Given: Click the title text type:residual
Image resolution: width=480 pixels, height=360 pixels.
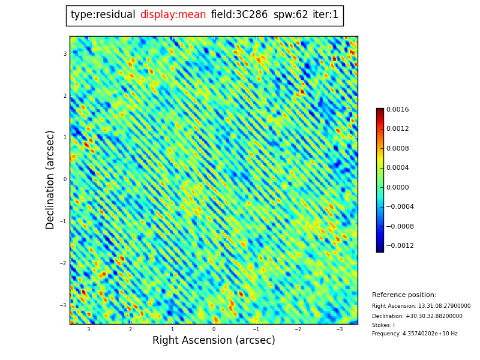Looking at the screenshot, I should coord(103,15).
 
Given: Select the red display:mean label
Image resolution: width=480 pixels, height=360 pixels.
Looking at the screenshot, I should coord(173,15).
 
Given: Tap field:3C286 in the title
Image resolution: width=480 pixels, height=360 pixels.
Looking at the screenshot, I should coord(239,15).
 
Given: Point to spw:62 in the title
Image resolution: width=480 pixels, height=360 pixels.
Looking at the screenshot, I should coord(290,15).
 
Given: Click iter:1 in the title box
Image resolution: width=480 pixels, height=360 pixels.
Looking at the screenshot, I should coord(325,15).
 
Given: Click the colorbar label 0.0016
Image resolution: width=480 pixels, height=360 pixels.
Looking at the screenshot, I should coord(397,110).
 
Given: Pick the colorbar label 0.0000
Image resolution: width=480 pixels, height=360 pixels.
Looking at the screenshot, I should coord(397,187).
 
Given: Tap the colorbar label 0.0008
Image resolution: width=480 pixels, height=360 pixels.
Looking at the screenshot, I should coord(397,149).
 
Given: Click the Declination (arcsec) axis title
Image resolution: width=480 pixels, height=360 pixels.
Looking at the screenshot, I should coord(51,179).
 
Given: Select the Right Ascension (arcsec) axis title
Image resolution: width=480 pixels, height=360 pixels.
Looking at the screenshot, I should coord(214,341).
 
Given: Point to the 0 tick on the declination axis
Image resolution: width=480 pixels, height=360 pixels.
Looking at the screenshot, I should coord(65,179).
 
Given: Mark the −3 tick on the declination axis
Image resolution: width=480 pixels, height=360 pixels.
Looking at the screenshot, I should coord(64,305).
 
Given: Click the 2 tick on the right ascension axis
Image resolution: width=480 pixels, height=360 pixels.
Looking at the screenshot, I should coord(130,329).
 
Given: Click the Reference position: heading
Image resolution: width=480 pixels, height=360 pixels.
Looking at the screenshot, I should coord(404,295).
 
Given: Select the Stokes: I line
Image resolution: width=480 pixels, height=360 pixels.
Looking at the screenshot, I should coord(383,325).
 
